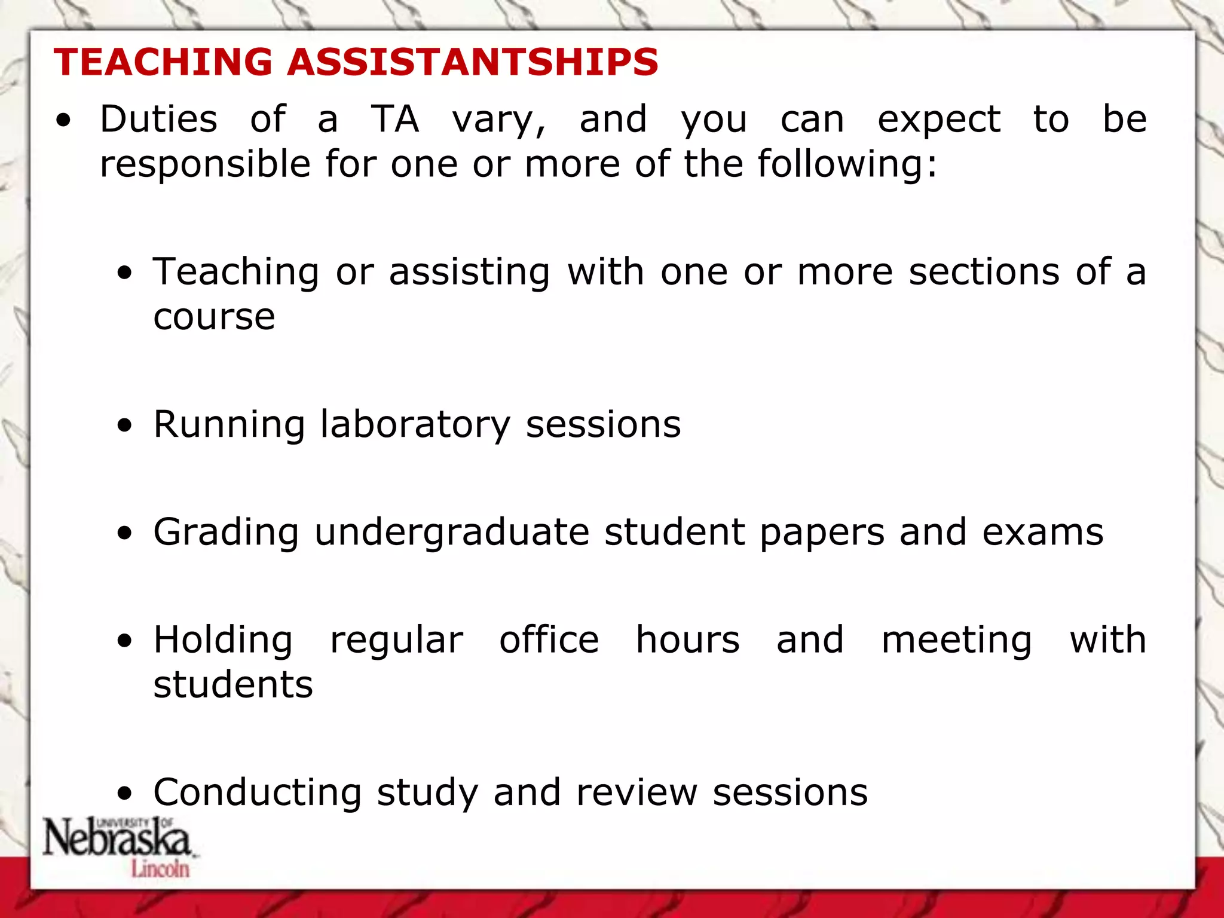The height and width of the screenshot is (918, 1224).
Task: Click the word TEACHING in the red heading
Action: pyautogui.click(x=163, y=62)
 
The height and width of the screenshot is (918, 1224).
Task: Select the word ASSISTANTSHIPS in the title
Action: pyautogui.click(x=473, y=62)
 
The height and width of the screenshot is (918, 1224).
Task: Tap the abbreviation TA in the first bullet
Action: pyautogui.click(x=395, y=119)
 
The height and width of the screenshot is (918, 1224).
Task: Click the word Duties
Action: pyautogui.click(x=158, y=119)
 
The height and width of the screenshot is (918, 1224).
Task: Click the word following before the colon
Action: pyautogui.click(x=841, y=165)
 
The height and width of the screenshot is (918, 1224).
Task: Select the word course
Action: pyautogui.click(x=214, y=317)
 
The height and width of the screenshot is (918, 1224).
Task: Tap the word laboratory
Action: pyautogui.click(x=415, y=425)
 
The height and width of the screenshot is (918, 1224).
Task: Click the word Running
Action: pyautogui.click(x=229, y=425)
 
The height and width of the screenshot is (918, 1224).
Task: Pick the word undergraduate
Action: pyautogui.click(x=452, y=533)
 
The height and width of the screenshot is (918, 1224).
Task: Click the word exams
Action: pyautogui.click(x=1043, y=533)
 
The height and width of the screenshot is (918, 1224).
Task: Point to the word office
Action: pyautogui.click(x=549, y=640)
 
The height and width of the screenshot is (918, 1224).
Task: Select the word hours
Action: pyautogui.click(x=688, y=640)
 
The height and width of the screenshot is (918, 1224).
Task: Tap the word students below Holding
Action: pyautogui.click(x=233, y=685)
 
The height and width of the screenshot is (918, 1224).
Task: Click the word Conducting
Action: pyautogui.click(x=258, y=793)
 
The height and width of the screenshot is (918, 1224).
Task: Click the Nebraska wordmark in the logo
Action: pyautogui.click(x=117, y=838)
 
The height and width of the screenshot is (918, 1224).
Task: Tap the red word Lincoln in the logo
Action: pyautogui.click(x=160, y=868)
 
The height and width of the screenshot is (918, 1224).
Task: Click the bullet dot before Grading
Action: pyautogui.click(x=124, y=533)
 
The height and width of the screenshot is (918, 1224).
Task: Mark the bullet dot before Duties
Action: pyautogui.click(x=63, y=121)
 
